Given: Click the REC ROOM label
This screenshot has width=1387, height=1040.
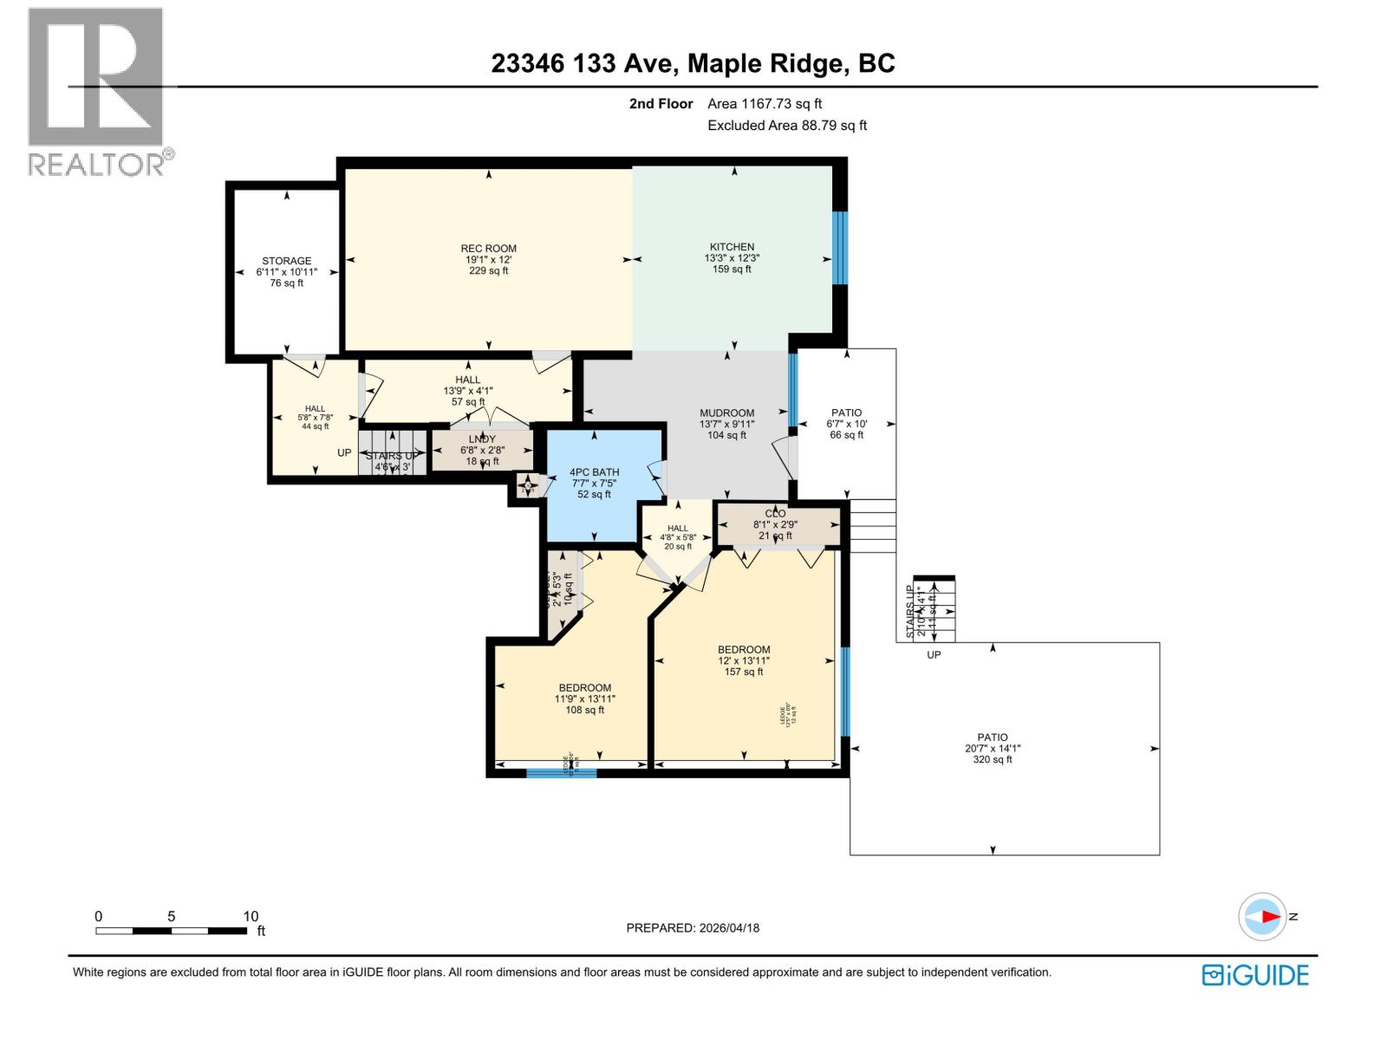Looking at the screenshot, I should coord(488,259).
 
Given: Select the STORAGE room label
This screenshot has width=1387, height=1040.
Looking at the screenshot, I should coord(287,271).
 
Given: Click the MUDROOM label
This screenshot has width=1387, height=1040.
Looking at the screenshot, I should coord(726,424).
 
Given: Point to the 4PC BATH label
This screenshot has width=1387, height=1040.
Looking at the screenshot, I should coord(594,483).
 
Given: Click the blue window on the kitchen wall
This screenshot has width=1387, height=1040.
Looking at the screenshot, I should coord(838,248).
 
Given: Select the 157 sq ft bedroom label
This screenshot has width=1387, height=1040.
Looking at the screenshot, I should coord(744,660).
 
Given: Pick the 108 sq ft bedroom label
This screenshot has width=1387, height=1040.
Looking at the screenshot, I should coord(584,699).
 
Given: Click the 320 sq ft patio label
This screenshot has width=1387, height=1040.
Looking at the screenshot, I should coord(993,748).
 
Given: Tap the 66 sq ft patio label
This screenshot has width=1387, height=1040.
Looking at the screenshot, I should coord(846,424).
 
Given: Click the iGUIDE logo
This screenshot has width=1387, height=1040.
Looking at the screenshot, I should coord(1254,975).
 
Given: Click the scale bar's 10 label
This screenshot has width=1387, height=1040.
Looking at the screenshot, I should coord(251,916).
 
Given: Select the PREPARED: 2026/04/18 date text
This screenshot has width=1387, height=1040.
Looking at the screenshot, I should coord(693,927).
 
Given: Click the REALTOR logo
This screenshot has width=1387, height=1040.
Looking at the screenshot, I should coord(96,91).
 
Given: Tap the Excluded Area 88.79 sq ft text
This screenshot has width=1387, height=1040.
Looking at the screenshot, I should coord(786,125).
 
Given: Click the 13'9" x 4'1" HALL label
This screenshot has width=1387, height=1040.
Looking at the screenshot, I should coord(468,391).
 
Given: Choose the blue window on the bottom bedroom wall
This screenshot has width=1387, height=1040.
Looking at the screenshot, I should coord(561,772).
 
